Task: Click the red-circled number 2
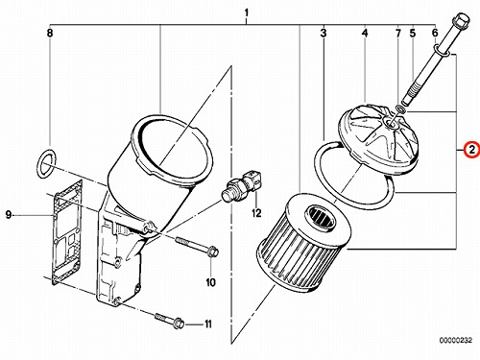[471, 150]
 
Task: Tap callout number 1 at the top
[246, 13]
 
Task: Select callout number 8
[50, 33]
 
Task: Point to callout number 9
[9, 215]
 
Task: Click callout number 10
[210, 282]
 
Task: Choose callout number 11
[208, 324]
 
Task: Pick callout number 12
[256, 213]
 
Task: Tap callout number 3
[324, 33]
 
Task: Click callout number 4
[365, 33]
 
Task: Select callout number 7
[398, 33]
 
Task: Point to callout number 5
[413, 33]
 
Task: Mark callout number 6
[435, 33]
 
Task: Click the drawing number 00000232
[455, 340]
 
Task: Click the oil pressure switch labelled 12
[242, 186]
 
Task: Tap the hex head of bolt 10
[212, 252]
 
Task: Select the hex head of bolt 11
[178, 323]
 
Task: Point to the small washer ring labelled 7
[401, 109]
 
